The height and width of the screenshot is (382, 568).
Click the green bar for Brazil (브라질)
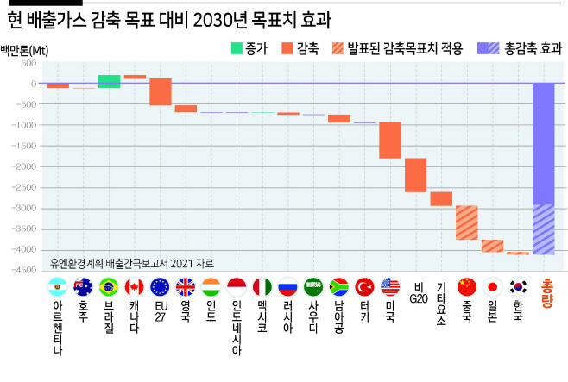[109, 81]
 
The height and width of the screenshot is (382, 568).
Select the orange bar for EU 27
[161, 92]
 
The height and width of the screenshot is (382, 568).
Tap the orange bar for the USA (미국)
[390, 141]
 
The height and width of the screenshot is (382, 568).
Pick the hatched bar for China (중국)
[466, 222]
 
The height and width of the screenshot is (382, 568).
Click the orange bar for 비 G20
[415, 175]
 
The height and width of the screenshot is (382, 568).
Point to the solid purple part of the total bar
[543, 144]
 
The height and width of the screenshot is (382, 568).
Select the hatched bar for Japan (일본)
[492, 246]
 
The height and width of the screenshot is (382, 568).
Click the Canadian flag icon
[134, 287]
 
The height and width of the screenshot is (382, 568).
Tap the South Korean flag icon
[518, 287]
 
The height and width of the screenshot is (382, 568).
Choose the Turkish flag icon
[364, 287]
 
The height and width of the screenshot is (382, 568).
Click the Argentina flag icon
[57, 287]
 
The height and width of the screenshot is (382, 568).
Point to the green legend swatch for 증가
[237, 48]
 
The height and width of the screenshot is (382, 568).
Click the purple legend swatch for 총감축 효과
[489, 48]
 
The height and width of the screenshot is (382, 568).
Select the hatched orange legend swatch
[338, 48]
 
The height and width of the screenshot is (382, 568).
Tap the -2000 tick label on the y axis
[24, 166]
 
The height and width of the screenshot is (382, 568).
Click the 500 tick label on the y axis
[28, 63]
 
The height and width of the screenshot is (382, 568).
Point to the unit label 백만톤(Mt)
[24, 50]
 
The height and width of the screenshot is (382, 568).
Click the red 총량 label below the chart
[547, 293]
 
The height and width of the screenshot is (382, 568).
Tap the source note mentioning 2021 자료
[132, 263]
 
